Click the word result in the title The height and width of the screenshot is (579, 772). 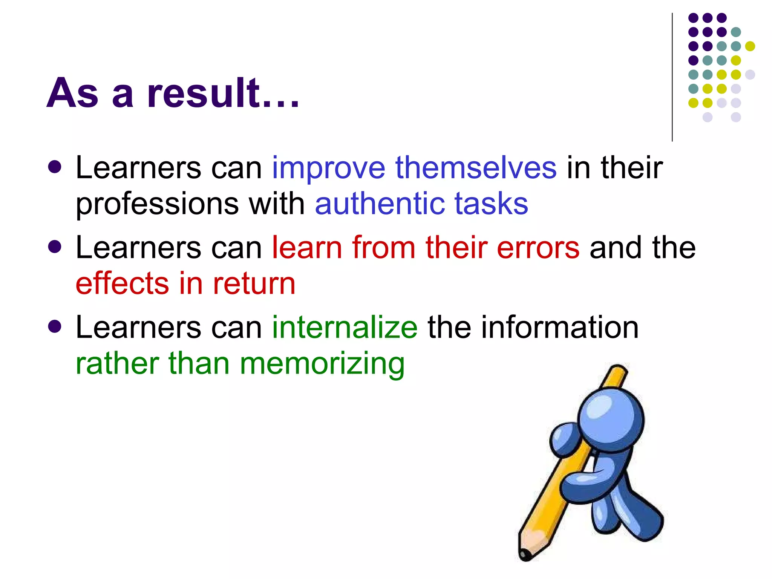point(204,93)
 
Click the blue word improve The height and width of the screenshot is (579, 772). point(328,168)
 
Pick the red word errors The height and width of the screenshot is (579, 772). point(538,248)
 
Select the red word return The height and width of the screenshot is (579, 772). point(254,283)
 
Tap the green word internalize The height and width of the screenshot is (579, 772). point(345,327)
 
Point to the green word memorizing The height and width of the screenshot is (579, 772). point(322,364)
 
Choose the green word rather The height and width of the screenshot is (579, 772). point(117,363)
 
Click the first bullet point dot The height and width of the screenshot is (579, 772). point(55,167)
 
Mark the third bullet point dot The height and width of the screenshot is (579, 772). point(55,326)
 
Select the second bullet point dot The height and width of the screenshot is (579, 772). point(55,247)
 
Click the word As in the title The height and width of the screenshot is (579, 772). point(72,93)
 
